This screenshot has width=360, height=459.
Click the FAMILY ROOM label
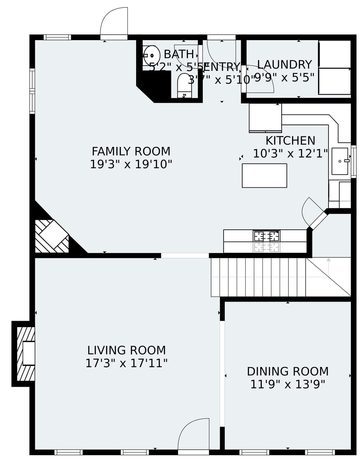point(131,151)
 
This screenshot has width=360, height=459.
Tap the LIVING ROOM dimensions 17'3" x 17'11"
point(126,363)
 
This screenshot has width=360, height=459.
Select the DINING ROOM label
point(288,371)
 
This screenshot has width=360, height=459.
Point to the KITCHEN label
point(290,141)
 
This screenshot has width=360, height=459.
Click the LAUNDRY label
point(284,64)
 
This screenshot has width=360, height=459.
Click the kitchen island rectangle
point(264,175)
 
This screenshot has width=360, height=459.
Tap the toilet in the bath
point(184,84)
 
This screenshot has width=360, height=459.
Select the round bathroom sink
point(152,55)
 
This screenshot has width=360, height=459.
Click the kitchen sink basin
point(340,161)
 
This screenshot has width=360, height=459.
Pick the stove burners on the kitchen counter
point(266,236)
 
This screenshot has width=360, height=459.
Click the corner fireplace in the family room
point(53,235)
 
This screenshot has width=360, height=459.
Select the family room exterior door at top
point(114,22)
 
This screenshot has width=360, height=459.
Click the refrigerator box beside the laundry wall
point(265,117)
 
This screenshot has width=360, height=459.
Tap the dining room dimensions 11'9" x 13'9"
point(288,384)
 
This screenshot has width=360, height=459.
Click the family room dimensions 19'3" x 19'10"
point(131,164)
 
